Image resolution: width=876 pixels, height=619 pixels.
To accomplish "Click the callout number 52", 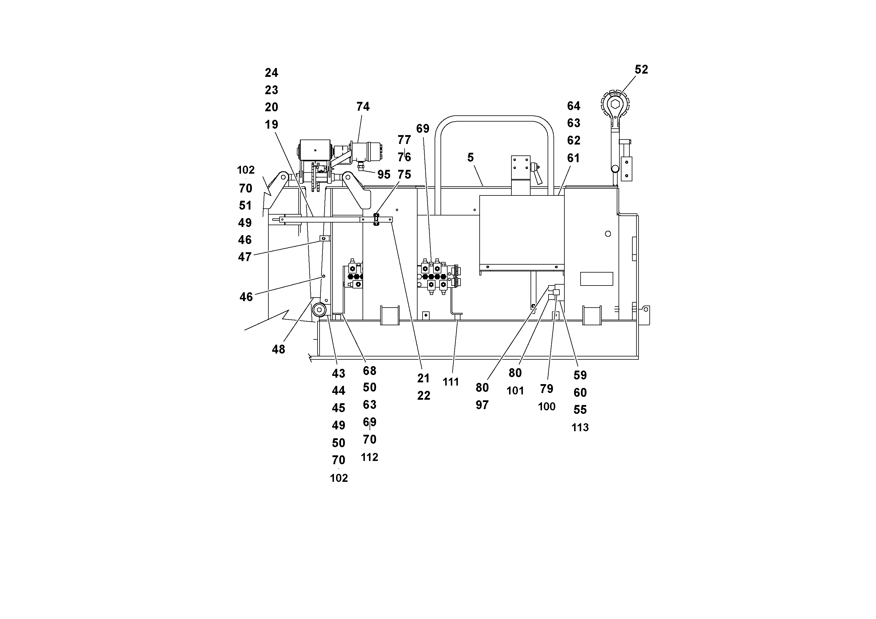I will pos(641,69).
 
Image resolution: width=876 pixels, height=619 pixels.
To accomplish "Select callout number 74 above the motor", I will pos(363,107).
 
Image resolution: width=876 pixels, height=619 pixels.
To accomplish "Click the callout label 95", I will pos(383,175).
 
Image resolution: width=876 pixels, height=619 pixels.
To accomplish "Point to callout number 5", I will pos(471,157).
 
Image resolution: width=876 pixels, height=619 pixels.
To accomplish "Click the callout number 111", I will pos(451,382).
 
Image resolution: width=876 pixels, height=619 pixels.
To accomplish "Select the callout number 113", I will pos(580,427).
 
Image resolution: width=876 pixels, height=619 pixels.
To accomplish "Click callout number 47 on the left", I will pos(245,257).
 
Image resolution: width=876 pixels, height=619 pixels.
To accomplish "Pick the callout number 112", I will pos(369,457).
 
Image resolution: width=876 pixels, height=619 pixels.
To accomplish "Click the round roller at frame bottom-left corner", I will pos(319,310).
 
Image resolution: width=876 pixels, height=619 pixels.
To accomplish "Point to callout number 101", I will pos(515,391).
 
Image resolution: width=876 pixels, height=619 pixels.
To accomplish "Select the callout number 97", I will pos(482,405).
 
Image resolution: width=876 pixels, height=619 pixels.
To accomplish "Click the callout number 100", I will pos(546,407).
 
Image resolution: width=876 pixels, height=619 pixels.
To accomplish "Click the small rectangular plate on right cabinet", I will pos(596,279).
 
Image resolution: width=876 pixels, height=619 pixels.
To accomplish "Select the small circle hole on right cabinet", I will pos(608,233).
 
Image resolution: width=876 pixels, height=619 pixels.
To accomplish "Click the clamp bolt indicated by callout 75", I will pos(376,220).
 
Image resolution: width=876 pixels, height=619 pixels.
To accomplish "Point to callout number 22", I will pos(423,396).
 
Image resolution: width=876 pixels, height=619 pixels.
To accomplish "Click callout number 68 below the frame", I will pos(369,371).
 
